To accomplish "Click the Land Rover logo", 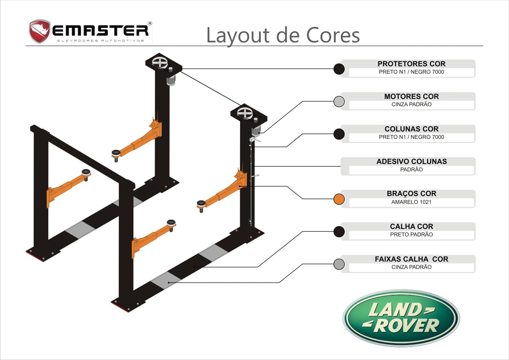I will (x=401, y=318).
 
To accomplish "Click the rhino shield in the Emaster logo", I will (x=39, y=31).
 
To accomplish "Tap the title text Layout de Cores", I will (x=283, y=35).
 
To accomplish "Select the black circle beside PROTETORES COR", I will (x=339, y=69).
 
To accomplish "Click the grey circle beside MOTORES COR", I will (x=339, y=101).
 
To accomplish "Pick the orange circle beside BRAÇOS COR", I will (x=339, y=199).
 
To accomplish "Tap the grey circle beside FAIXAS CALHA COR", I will (x=339, y=264).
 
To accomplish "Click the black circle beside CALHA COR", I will (x=339, y=232).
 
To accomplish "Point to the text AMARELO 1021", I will (x=411, y=202).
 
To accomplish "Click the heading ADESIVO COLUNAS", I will (x=411, y=161).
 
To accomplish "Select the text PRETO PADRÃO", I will (x=411, y=234).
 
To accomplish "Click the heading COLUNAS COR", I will (x=411, y=129).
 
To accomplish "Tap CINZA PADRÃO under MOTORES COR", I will (x=411, y=104).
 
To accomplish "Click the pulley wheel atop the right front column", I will (x=245, y=113).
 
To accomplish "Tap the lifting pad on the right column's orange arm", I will (x=201, y=204).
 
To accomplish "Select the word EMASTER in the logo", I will (x=100, y=31).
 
